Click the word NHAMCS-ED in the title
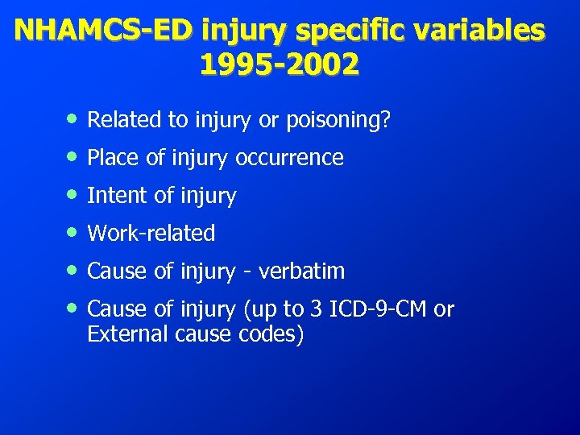click(x=104, y=30)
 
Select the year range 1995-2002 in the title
click(x=279, y=64)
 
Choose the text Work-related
click(x=151, y=234)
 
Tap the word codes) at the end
click(x=274, y=333)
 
